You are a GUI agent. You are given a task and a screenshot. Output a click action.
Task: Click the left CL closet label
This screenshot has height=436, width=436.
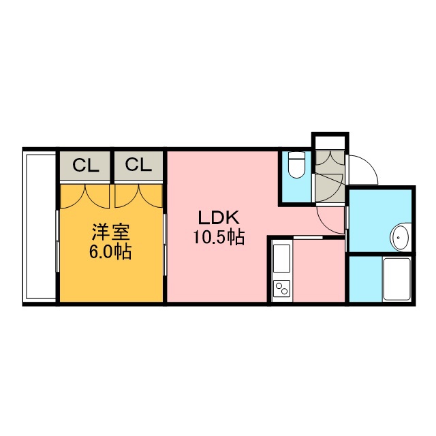point(86,165)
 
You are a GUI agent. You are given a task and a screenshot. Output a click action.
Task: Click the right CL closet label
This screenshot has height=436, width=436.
point(138,165)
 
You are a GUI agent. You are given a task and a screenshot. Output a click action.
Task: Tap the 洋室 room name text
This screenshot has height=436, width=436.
point(110,232)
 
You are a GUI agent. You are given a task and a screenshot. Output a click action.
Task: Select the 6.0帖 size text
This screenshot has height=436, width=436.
point(110,251)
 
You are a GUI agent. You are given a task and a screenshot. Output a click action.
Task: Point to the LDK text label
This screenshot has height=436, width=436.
point(219,217)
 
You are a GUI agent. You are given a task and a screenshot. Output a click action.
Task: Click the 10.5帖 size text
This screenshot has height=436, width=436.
point(219,237)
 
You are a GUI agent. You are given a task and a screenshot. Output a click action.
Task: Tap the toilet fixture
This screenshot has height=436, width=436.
point(296,165)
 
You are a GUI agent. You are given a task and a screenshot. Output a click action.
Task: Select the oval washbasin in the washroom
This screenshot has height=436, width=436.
point(401,237)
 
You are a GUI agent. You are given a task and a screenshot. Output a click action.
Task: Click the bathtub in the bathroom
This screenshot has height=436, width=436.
point(396,279)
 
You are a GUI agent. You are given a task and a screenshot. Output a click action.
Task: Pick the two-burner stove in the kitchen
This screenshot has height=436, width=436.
point(281,289)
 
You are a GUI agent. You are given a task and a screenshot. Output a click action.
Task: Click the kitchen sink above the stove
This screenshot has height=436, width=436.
point(281,259)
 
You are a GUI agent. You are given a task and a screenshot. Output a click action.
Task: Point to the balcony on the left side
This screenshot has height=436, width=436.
point(41,227)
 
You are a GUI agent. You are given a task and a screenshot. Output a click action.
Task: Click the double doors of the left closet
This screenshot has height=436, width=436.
point(84,196)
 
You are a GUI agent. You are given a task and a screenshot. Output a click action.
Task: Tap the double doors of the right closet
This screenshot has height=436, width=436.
point(138,196)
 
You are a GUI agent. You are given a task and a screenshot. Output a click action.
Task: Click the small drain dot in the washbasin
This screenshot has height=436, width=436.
point(399,238)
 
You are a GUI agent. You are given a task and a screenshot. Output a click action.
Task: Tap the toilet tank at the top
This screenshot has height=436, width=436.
point(296,155)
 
